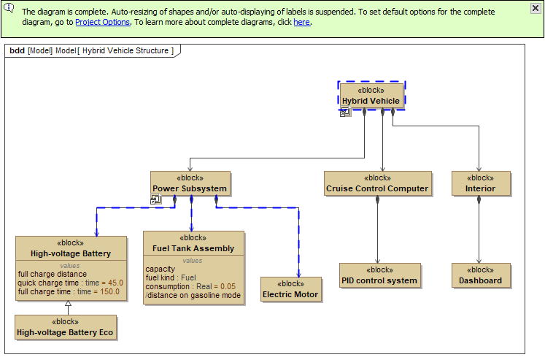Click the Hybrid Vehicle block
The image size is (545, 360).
click(x=371, y=96)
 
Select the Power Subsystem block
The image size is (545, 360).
click(x=190, y=183)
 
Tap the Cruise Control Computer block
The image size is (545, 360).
click(x=377, y=183)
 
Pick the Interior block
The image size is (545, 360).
click(x=480, y=183)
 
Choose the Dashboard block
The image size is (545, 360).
click(x=480, y=275)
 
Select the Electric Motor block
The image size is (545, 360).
click(x=290, y=289)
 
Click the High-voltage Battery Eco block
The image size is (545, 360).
click(x=65, y=327)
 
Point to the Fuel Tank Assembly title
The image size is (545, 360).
click(x=193, y=248)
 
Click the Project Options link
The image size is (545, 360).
click(x=102, y=22)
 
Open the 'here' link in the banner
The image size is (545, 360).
click(x=301, y=22)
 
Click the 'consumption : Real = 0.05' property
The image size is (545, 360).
click(x=190, y=286)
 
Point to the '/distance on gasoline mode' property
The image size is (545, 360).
click(x=193, y=295)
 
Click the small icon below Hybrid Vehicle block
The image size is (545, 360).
click(x=345, y=112)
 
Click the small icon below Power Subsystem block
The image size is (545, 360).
click(x=155, y=199)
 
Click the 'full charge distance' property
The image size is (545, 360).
click(x=53, y=274)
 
